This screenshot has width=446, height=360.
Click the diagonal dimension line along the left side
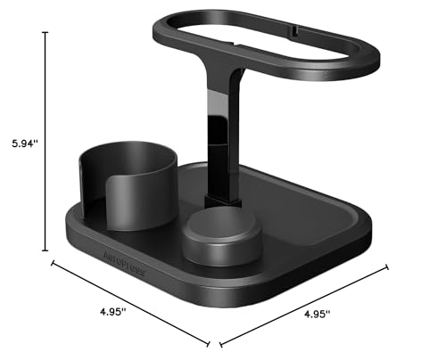(x=130, y=303)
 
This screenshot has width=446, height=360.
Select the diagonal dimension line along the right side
(x=303, y=304)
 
